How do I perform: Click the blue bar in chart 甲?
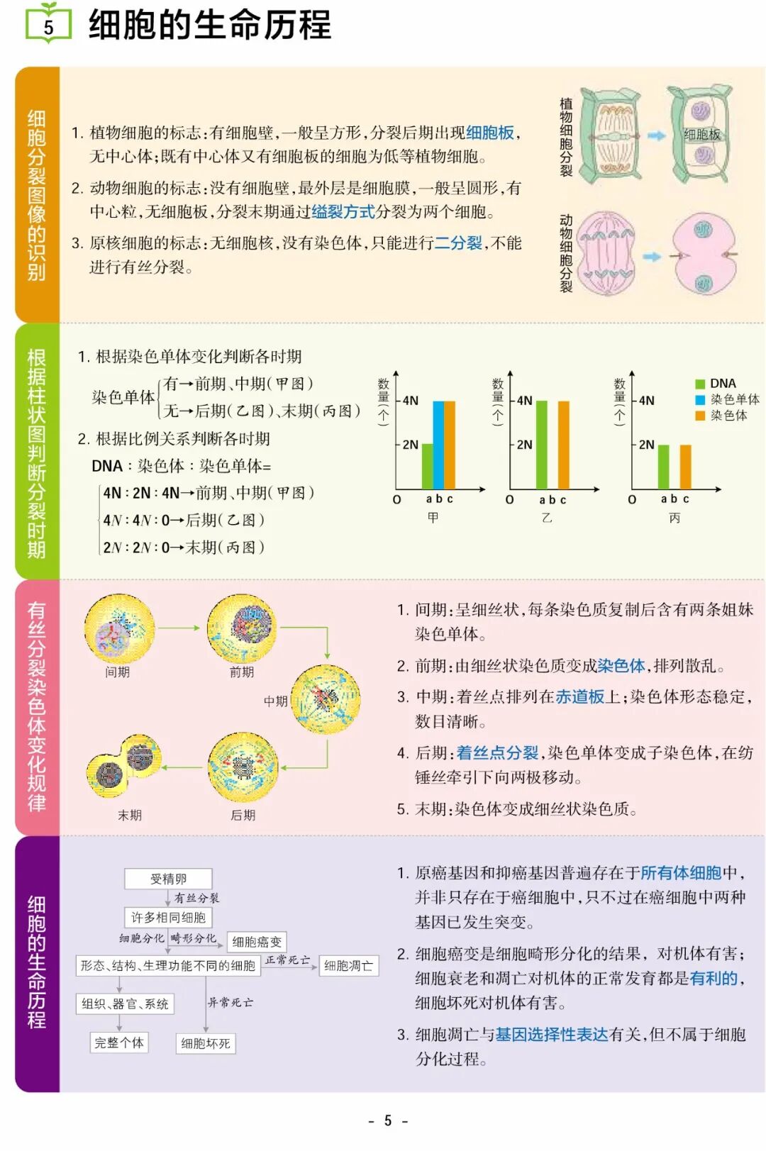point(438,445)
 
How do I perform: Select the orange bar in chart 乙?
point(564,445)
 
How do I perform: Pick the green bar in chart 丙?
point(663,467)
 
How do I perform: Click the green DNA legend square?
point(700,384)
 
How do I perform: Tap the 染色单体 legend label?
point(735,399)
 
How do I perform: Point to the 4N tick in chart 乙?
point(524,401)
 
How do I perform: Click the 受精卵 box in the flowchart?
point(168,879)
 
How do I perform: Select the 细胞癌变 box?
point(257,942)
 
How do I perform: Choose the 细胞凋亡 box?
point(348,965)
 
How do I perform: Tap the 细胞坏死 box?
point(205,1043)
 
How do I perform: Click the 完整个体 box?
point(119,1042)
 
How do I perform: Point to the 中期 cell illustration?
point(326,699)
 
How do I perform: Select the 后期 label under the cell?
point(243,815)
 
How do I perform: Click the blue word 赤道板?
point(579,697)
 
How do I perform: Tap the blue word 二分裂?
point(458,243)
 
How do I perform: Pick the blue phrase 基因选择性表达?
point(551,1035)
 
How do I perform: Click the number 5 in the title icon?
point(48,28)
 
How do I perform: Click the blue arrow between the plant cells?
point(656,135)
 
